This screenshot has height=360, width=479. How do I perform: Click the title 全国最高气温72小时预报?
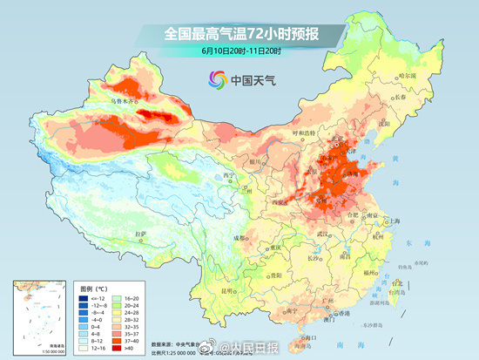pos(239,34)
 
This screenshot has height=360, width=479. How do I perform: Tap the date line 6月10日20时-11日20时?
pos(239,51)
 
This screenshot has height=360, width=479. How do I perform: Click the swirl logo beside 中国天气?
pos(216,81)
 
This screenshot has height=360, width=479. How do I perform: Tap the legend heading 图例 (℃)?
pos(95,286)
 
